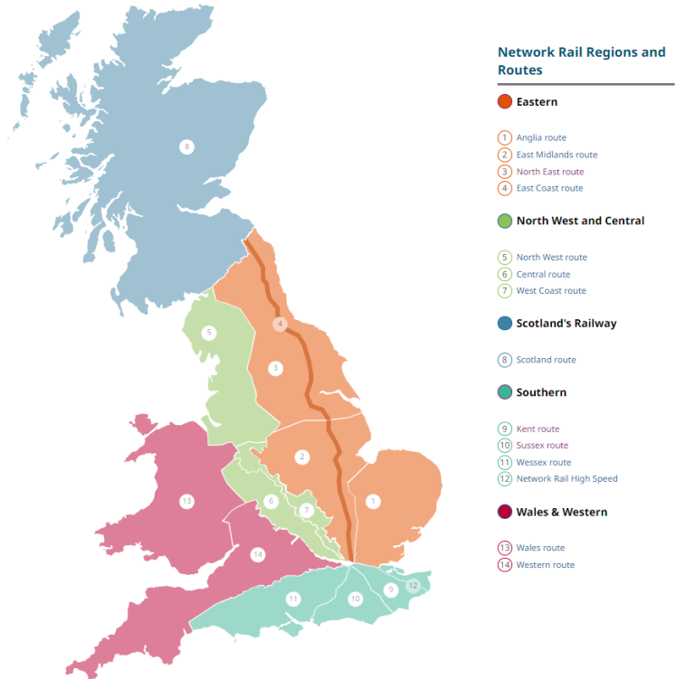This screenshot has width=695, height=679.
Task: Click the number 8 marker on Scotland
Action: point(186,146)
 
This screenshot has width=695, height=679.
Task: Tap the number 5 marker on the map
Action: point(209,333)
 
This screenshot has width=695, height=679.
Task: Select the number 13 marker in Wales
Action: point(186,500)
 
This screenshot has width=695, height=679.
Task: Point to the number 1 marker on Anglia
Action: point(371,500)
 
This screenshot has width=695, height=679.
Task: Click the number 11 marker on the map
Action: point(292,599)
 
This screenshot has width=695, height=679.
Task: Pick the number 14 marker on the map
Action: point(258,554)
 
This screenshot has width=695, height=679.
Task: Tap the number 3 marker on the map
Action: point(276,368)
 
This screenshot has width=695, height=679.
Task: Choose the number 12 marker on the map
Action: point(413,585)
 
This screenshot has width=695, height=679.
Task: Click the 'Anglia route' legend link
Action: point(541,137)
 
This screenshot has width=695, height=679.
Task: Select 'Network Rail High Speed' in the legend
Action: point(566,478)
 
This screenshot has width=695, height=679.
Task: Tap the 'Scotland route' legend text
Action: point(546,360)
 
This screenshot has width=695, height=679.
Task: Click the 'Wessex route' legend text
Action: point(543,462)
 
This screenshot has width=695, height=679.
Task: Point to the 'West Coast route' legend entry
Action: point(551,290)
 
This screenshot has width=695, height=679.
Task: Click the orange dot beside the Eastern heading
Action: point(505,102)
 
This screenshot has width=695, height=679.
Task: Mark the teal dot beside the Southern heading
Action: point(505,392)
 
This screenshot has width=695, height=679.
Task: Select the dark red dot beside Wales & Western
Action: point(505,512)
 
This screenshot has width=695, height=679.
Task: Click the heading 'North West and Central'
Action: point(580,221)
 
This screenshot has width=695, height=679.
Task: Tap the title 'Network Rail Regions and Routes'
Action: point(581,61)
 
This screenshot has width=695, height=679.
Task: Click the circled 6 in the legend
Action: point(505,274)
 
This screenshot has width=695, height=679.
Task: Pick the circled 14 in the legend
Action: point(505,565)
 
